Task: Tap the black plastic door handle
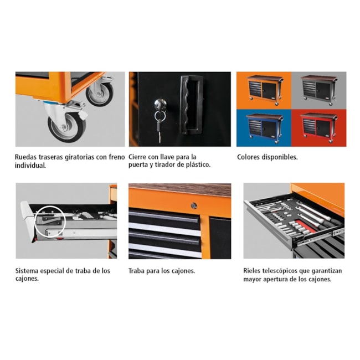coord(191,105)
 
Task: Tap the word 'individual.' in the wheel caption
coord(30,165)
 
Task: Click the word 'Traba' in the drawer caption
coord(138,271)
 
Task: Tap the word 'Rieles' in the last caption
coord(253,271)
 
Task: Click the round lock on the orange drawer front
coord(193,205)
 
